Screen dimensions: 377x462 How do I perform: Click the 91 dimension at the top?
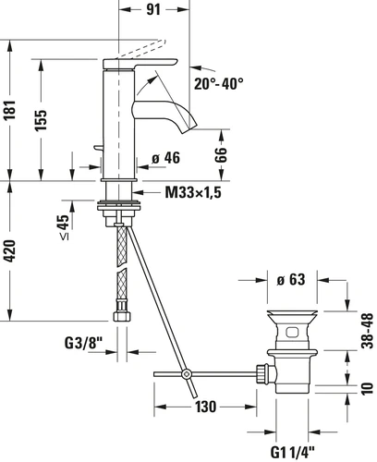(153, 9)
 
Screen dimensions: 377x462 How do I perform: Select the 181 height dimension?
(11, 110)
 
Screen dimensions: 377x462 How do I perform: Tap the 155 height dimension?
(41, 119)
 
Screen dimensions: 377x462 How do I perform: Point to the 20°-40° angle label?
(218, 83)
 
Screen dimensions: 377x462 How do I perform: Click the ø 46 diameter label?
(166, 158)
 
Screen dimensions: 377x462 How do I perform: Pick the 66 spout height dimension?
(221, 154)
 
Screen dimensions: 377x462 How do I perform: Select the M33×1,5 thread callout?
(193, 193)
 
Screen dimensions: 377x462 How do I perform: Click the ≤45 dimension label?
(64, 227)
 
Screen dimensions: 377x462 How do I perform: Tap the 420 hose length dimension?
(10, 251)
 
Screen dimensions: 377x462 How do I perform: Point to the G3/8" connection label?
(83, 343)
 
